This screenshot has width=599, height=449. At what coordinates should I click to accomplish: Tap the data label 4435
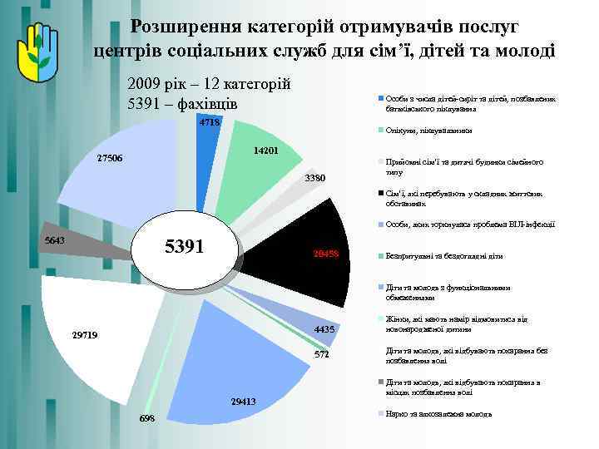[324, 329]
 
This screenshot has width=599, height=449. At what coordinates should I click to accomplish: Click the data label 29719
[85, 335]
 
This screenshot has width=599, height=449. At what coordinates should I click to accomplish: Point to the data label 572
[321, 355]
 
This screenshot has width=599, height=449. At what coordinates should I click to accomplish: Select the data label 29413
[243, 402]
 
